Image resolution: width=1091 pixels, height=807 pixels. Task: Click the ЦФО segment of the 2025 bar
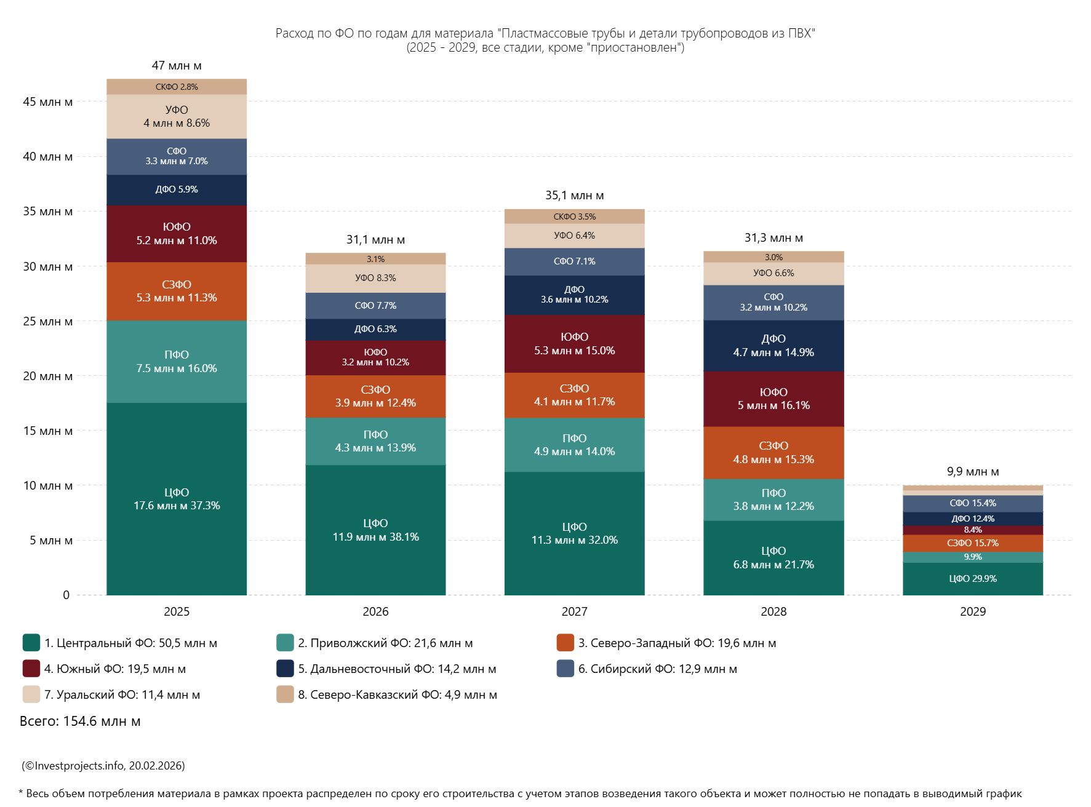click(177, 499)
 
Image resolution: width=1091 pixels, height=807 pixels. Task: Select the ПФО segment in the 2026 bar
click(375, 441)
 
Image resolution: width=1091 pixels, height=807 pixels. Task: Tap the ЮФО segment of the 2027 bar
click(574, 344)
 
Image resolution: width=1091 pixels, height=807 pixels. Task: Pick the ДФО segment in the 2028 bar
click(773, 346)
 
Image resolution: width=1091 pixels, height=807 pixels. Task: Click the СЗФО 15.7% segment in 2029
click(972, 543)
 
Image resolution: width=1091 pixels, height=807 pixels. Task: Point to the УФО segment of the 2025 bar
click(177, 116)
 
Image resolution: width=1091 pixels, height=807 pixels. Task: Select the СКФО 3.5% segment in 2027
click(574, 217)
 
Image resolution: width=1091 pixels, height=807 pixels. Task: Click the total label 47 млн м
click(177, 65)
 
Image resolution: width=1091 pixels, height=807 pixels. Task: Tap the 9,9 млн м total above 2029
click(972, 471)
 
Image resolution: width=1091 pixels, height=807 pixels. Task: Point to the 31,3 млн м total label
click(773, 237)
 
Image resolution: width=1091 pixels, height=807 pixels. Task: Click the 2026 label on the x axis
click(375, 611)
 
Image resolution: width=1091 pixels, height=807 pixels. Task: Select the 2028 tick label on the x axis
click(773, 611)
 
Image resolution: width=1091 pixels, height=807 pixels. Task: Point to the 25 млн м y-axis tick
click(47, 321)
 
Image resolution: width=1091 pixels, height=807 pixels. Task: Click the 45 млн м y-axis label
click(47, 101)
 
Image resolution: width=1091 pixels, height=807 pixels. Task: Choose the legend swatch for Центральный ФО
click(31, 643)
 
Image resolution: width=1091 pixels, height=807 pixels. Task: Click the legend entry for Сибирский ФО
click(657, 669)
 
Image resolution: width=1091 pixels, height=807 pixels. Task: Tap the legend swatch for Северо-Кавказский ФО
click(285, 694)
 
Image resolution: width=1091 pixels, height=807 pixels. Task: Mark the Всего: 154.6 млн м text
click(80, 721)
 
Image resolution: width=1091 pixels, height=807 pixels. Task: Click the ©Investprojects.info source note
click(103, 766)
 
